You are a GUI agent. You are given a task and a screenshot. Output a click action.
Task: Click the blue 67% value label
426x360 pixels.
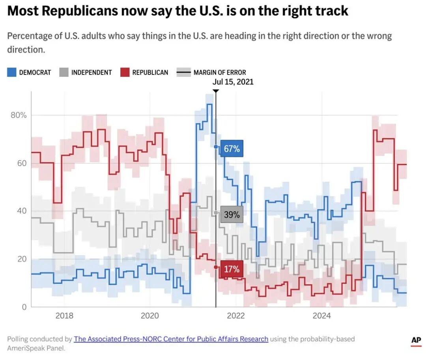(232, 149)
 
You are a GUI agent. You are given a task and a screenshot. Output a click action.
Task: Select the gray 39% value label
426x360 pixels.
(232, 215)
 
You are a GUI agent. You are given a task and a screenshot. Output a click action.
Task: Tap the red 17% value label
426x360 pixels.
(232, 269)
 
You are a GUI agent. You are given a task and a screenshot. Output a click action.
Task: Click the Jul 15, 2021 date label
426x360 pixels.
(233, 82)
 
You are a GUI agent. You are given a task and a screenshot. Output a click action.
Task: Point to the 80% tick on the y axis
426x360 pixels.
(19, 115)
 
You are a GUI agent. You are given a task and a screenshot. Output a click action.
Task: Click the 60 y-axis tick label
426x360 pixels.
(22, 163)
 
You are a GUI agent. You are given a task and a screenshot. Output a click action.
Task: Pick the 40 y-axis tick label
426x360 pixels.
(22, 211)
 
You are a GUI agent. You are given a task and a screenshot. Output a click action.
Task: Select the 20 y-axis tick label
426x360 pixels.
(22, 259)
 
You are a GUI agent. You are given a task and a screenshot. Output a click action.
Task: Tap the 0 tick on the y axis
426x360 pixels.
(24, 307)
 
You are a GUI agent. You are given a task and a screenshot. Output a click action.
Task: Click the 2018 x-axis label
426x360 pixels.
(64, 315)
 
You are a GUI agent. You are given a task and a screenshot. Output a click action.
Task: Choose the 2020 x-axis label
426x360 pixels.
(150, 315)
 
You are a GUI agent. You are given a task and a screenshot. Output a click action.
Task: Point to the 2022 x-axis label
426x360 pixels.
(236, 315)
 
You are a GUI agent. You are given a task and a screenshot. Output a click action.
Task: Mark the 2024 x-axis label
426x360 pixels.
(322, 315)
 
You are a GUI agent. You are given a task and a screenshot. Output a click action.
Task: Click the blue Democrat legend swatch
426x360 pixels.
(12, 73)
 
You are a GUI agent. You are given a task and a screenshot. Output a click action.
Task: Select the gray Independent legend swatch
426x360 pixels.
(64, 73)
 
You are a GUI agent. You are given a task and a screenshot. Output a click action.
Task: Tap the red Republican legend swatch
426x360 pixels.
(125, 73)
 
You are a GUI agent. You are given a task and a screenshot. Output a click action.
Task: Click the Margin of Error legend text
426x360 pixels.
(220, 73)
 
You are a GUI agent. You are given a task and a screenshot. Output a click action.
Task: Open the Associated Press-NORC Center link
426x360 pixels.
(171, 339)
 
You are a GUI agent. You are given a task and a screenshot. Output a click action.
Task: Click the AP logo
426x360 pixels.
(416, 340)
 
